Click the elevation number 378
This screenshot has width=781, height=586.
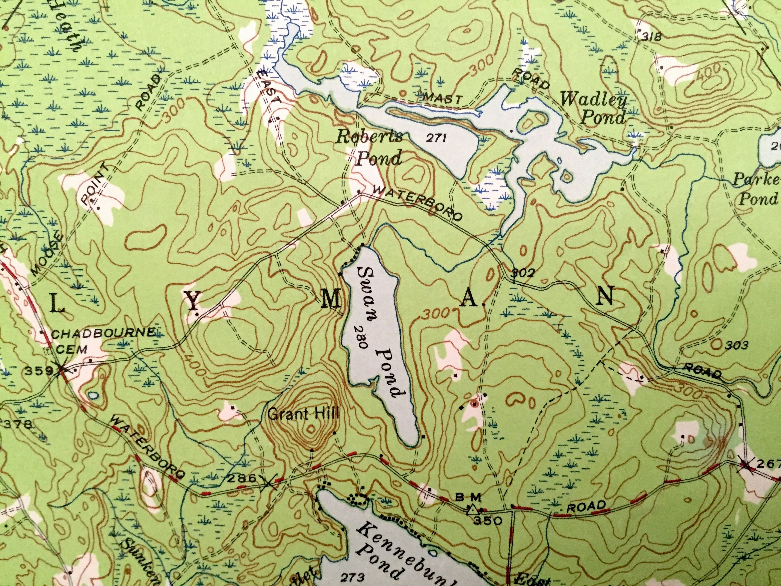[17, 424]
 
